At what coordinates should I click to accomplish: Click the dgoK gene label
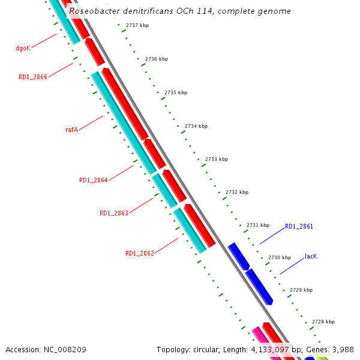(23, 48)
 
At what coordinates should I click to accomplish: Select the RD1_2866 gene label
(32, 77)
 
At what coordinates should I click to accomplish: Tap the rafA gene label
(72, 130)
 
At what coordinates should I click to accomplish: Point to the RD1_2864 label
(93, 180)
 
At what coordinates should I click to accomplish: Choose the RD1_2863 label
(113, 213)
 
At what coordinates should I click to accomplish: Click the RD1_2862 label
(139, 253)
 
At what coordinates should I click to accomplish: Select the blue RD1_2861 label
(299, 226)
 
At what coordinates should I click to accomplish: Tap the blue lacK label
(311, 256)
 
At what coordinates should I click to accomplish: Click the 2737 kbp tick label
(137, 25)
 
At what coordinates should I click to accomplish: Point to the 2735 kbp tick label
(176, 93)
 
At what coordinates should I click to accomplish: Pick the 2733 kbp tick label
(217, 159)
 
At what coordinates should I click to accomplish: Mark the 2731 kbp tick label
(258, 225)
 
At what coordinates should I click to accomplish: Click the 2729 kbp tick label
(301, 290)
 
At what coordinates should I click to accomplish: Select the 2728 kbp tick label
(323, 322)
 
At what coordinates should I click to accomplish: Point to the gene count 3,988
(343, 349)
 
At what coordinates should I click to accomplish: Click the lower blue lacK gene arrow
(259, 286)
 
